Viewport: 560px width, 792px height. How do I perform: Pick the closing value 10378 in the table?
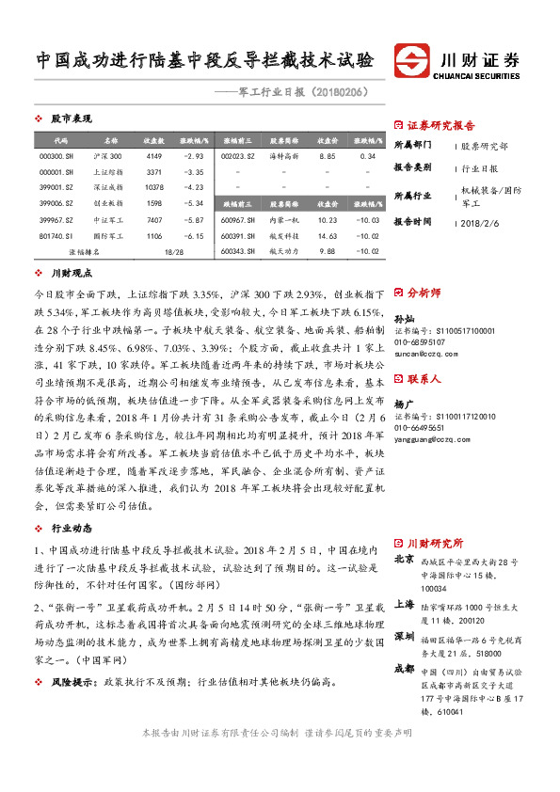tap(154, 187)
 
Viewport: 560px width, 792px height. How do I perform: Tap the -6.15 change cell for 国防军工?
tap(193, 236)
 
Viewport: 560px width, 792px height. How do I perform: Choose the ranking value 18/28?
tap(173, 252)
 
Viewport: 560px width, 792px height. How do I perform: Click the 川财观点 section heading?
tap(70, 272)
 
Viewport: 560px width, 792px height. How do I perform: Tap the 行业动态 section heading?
tap(70, 529)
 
